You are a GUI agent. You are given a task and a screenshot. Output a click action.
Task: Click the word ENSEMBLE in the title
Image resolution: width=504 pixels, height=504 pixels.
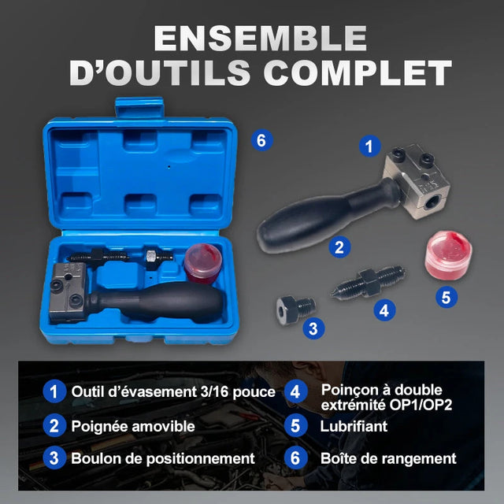(261, 38)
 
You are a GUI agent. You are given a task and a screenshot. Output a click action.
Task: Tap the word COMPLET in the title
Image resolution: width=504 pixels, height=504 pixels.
(358, 72)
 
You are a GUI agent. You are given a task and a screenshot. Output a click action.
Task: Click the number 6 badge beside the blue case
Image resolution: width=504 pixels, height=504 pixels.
(262, 140)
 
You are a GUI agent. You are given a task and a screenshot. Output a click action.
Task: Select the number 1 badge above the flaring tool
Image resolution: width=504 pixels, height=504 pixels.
(370, 146)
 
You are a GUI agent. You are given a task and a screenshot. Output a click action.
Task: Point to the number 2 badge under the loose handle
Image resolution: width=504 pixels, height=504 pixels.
(339, 247)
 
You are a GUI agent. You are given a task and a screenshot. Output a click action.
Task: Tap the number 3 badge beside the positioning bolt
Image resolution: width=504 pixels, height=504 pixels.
(313, 328)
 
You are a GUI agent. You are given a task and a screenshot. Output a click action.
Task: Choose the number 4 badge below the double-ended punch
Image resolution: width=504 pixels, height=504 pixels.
(384, 310)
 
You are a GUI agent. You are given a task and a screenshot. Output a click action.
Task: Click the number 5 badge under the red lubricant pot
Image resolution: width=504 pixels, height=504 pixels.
(447, 297)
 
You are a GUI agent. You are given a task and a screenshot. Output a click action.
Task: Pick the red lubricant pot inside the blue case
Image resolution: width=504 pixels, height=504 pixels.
(203, 263)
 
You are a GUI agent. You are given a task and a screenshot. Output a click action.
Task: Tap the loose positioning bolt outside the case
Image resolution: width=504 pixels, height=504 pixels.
(296, 310)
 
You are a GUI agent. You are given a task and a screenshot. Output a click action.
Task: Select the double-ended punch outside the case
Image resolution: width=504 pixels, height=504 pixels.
(368, 282)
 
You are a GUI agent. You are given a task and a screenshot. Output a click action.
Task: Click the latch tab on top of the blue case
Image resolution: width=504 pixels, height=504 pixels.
(139, 108)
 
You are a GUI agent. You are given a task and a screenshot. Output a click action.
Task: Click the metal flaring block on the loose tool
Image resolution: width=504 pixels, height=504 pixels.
(417, 182)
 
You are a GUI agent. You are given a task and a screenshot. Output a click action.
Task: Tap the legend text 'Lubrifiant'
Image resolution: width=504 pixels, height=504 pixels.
(354, 426)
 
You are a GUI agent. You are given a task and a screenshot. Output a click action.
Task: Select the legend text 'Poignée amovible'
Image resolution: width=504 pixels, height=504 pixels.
(133, 426)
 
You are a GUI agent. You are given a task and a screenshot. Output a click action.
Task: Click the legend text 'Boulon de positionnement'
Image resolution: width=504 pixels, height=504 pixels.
(163, 458)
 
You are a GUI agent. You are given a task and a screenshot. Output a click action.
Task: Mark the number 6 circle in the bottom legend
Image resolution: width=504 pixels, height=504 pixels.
(296, 458)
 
